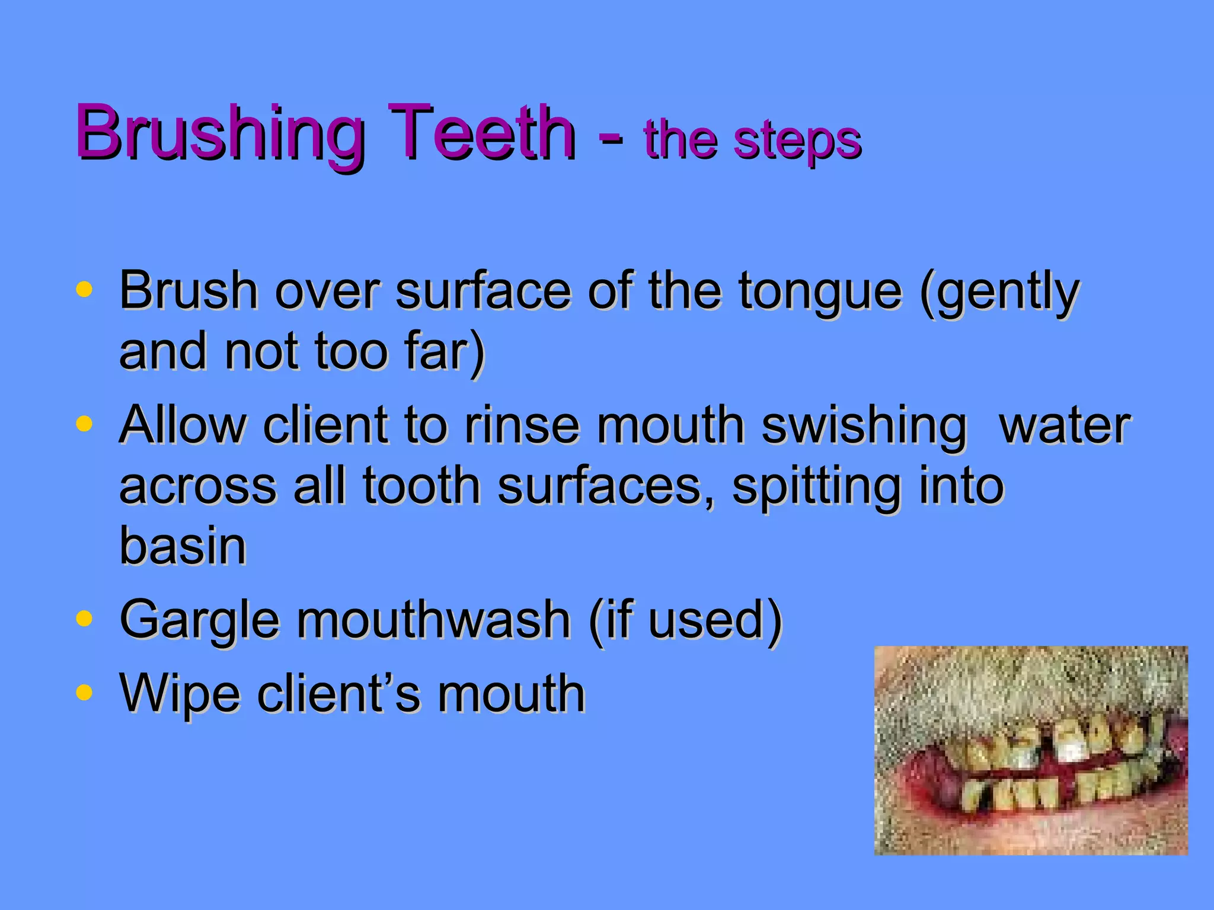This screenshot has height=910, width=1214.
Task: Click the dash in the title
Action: pos(609,136)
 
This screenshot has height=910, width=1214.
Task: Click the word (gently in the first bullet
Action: pos(999,293)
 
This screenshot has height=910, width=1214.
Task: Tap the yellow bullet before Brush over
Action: pos(85,290)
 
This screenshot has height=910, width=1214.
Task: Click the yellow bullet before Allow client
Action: pos(85,424)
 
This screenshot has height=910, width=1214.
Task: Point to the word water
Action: pos(1065,425)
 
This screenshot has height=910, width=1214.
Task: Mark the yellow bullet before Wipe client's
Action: pos(85,692)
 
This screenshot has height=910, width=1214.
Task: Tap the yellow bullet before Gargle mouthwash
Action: pos(85,619)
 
